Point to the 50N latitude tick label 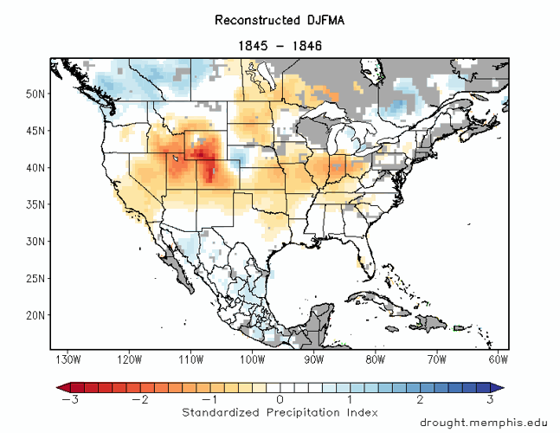tap(35, 94)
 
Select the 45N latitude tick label tap(35, 131)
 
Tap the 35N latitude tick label tap(35, 204)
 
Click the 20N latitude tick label tap(35, 315)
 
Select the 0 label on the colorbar tap(280, 399)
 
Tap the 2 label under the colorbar tap(420, 399)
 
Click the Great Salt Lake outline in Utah tap(177, 158)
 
